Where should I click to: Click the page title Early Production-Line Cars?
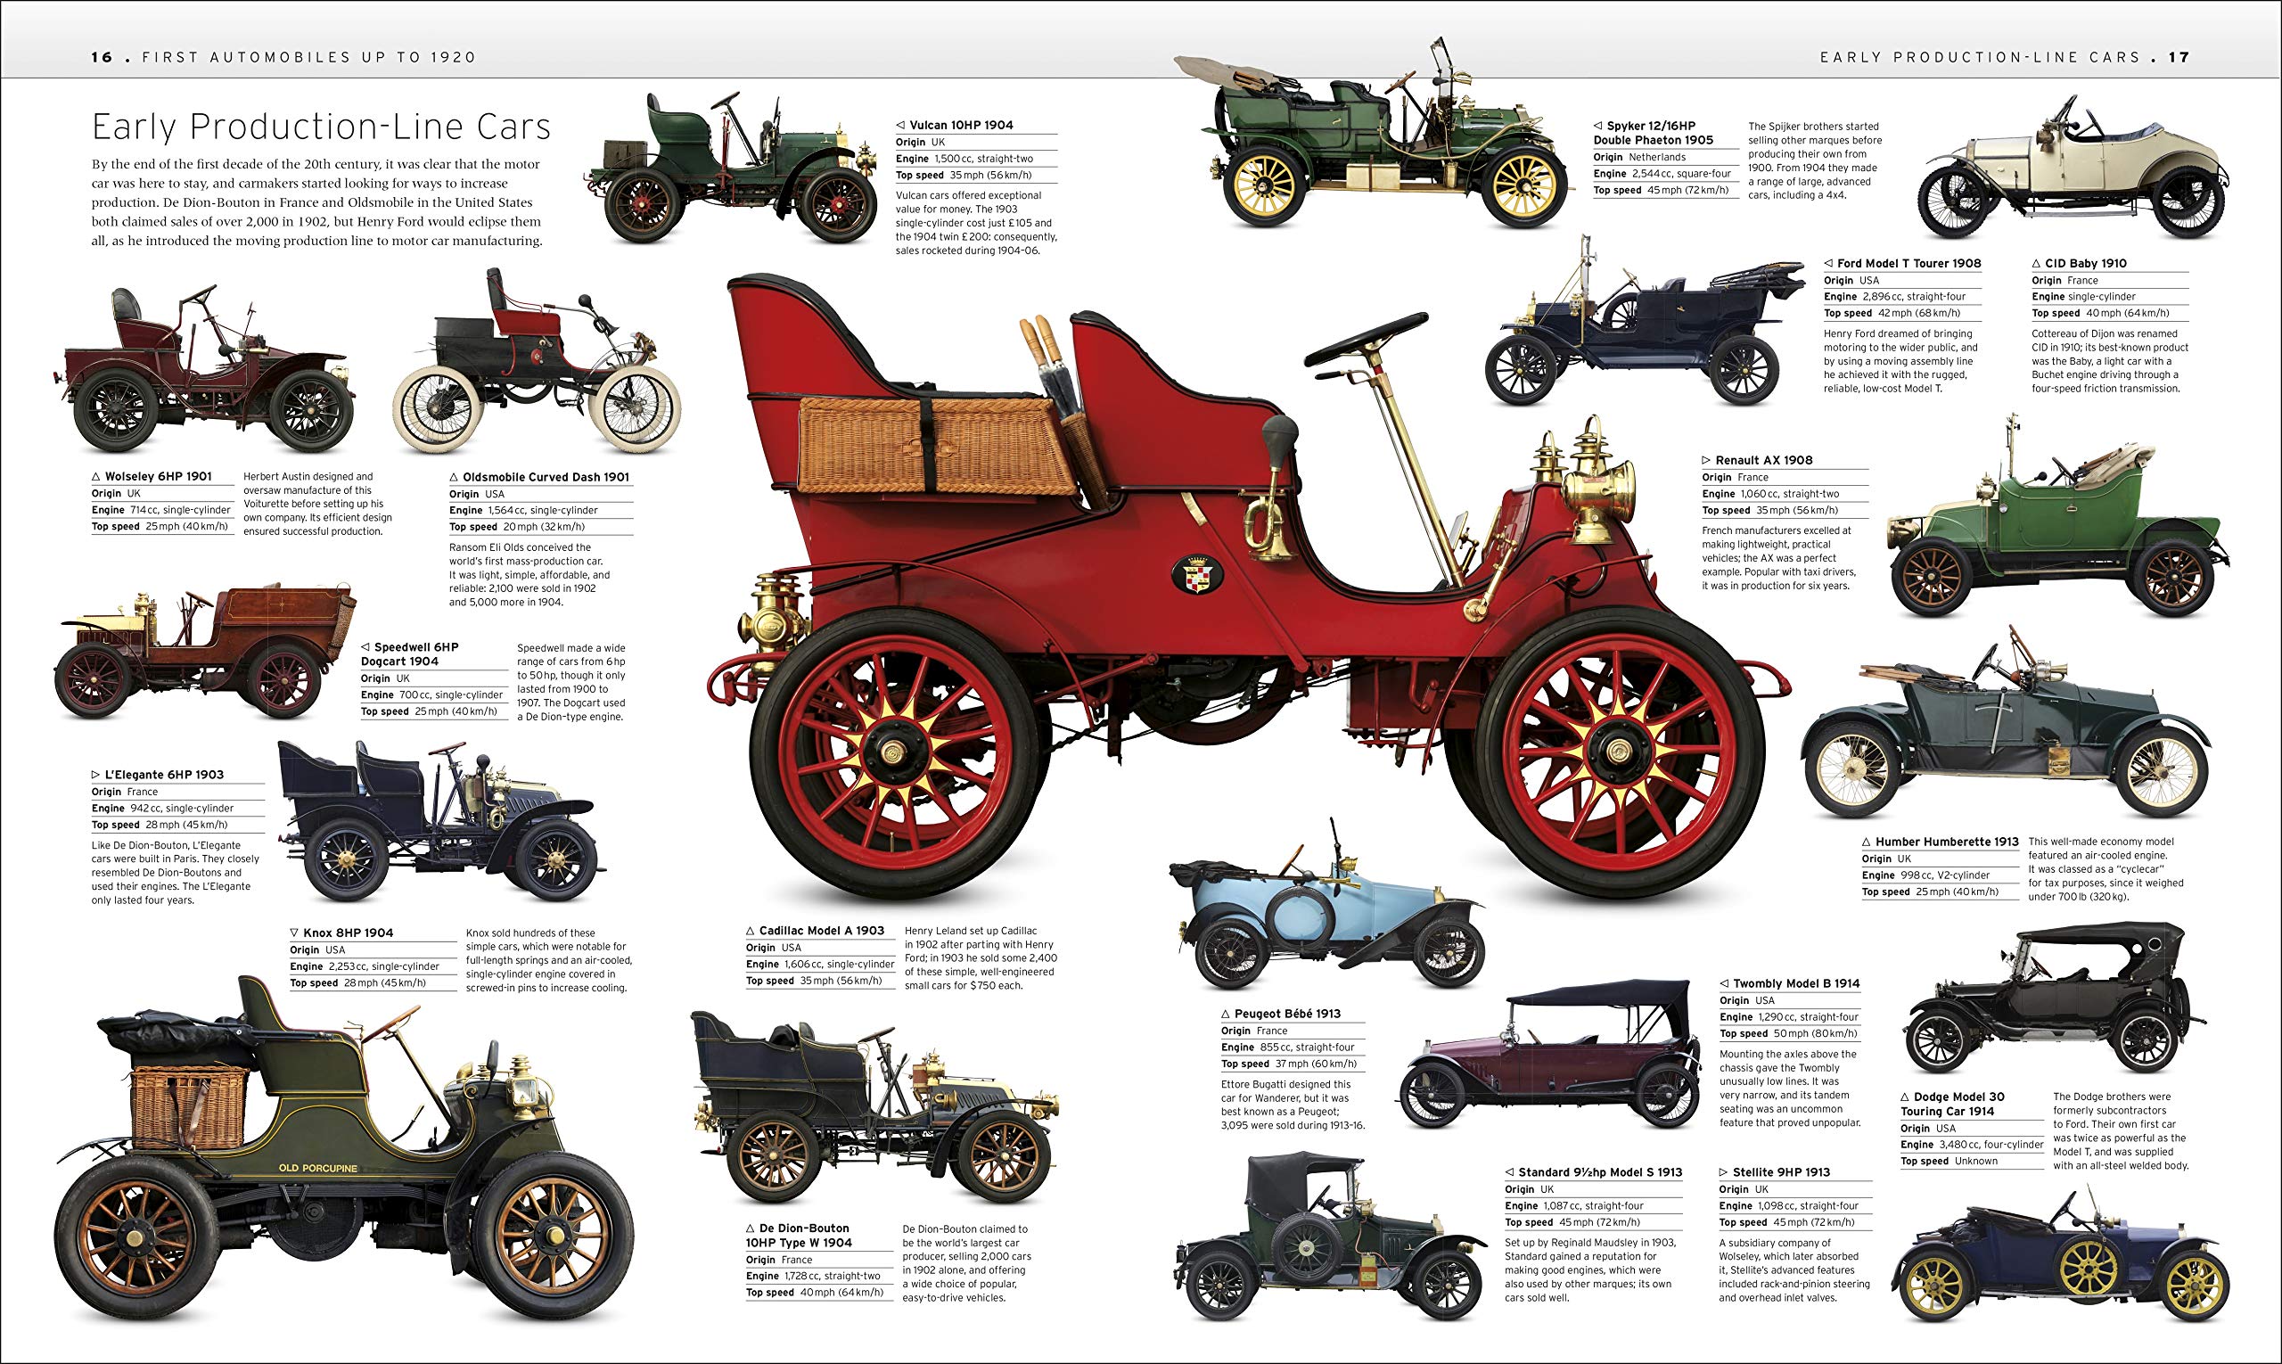coord(321,127)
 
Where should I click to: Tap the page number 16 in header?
coord(101,57)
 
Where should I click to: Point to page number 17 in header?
coord(2179,57)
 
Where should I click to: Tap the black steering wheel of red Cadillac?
coord(1366,338)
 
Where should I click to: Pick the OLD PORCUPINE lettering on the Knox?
coord(318,1168)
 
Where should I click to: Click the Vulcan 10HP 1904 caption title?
coord(960,125)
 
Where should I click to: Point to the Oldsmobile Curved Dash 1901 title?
coord(546,477)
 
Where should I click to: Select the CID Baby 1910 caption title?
coord(2085,263)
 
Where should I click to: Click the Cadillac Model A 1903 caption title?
coord(821,930)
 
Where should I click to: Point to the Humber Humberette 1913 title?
coord(1947,841)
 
